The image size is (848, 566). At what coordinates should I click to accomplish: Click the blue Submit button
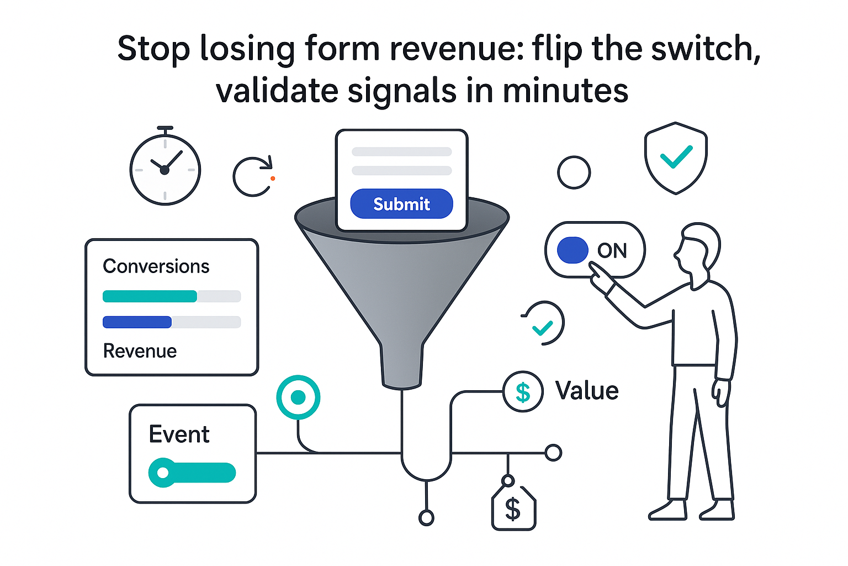tap(401, 204)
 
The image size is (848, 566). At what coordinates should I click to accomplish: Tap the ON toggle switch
tap(595, 250)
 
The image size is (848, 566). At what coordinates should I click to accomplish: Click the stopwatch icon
tap(165, 169)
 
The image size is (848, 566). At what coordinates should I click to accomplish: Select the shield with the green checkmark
tap(676, 158)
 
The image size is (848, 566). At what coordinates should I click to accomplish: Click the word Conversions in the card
tap(156, 266)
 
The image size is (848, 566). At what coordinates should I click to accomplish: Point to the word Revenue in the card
tap(140, 352)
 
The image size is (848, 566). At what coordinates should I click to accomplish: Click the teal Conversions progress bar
tap(150, 296)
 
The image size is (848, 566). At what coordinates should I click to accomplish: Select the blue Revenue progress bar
tap(137, 322)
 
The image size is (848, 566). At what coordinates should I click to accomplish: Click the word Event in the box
tap(179, 434)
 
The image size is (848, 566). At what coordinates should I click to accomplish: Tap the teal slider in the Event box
tap(192, 473)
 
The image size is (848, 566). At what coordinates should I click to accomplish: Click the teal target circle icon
tap(298, 397)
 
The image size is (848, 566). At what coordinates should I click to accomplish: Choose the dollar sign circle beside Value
tap(523, 392)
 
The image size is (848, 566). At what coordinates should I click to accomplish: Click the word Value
tap(587, 391)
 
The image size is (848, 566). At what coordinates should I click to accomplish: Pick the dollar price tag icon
tap(513, 507)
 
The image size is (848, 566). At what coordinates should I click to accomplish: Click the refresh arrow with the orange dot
tap(253, 176)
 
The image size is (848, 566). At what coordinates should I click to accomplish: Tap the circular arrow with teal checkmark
tap(544, 324)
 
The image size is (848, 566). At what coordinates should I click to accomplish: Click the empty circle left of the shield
tap(574, 172)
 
